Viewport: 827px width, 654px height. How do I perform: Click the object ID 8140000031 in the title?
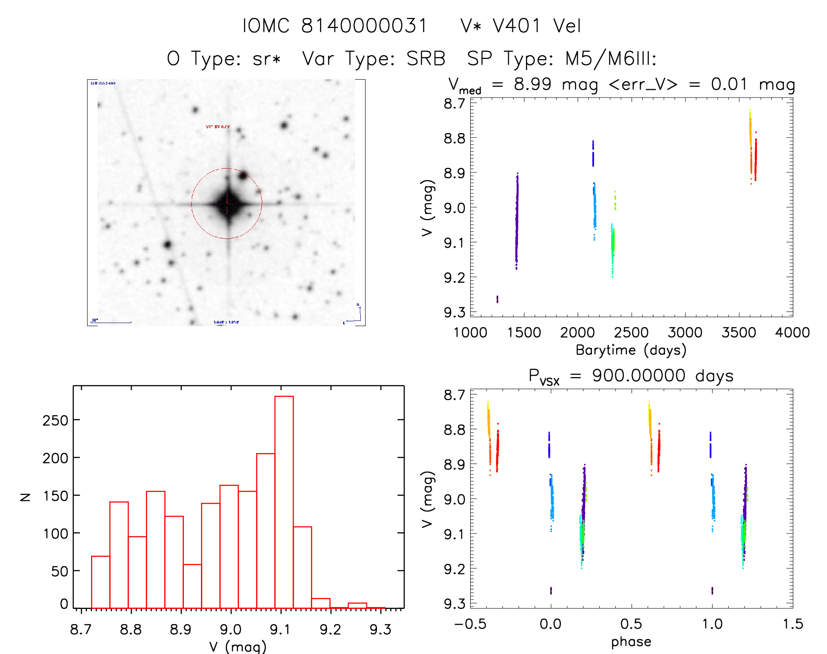364,26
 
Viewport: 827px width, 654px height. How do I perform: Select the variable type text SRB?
426,59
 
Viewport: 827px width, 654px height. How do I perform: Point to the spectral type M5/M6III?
610,59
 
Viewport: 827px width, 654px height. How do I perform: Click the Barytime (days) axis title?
631,350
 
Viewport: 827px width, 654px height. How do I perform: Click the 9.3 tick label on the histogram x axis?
380,629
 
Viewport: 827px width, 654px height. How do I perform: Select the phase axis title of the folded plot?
631,642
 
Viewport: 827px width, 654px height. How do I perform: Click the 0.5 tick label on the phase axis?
631,624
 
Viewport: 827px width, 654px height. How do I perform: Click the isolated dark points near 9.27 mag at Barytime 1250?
497,299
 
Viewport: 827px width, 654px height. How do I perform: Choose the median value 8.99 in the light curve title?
532,84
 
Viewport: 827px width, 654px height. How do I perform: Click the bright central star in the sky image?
228,204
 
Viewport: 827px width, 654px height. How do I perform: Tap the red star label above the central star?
218,127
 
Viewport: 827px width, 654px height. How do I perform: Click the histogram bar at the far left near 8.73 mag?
101,582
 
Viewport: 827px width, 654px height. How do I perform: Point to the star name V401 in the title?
517,26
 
